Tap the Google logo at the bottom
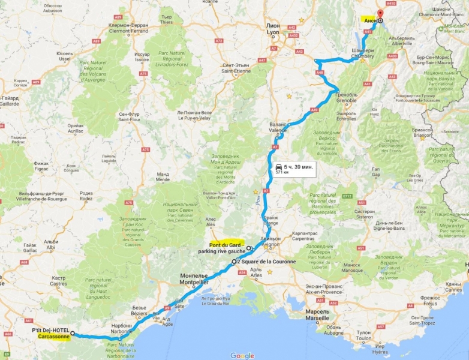242,355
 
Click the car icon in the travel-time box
279,166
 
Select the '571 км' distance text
282,172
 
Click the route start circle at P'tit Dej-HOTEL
73,332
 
